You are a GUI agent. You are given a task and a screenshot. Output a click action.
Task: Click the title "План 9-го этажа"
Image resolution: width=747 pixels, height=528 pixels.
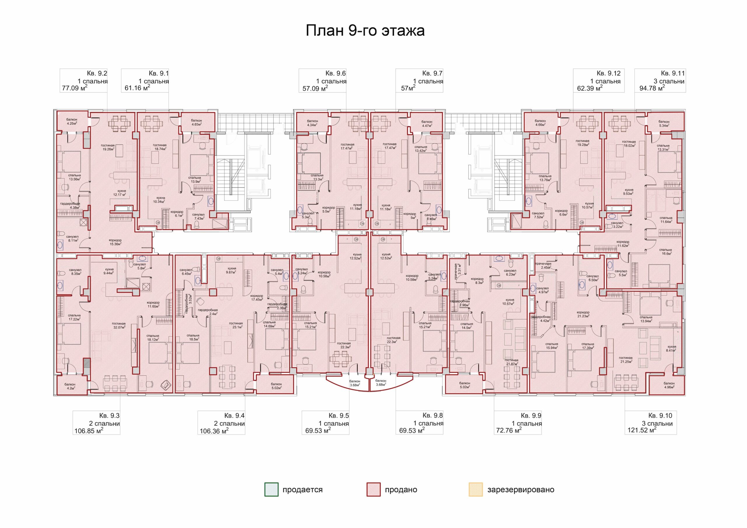pos(365,31)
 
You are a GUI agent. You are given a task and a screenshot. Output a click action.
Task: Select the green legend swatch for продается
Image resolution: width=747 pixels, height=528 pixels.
pos(271,489)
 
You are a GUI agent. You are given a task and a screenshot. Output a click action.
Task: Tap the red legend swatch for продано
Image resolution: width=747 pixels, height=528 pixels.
pos(373,489)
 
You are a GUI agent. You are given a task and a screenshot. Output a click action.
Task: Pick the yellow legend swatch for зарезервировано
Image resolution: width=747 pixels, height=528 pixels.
pos(476,489)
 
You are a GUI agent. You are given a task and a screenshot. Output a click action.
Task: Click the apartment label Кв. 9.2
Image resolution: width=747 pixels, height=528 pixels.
pos(97,74)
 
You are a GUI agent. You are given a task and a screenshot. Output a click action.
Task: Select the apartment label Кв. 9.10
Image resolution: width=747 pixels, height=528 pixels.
pos(660,415)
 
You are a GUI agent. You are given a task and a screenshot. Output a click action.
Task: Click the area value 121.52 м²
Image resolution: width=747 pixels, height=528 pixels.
pos(642,430)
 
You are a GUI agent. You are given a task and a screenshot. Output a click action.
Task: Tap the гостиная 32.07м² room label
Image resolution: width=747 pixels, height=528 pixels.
pos(119,325)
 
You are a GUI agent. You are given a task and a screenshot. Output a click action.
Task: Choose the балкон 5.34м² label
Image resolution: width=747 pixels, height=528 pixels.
pos(664,124)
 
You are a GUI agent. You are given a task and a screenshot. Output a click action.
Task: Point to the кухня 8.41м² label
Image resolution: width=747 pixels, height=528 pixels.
pos(671,348)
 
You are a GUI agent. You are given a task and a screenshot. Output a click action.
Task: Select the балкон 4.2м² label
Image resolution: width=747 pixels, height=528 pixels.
pos(70,386)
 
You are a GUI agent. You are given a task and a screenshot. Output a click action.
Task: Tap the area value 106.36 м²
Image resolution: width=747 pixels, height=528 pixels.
pos(214,431)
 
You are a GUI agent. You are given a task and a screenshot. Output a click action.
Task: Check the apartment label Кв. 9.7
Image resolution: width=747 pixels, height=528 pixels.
pos(432,74)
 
